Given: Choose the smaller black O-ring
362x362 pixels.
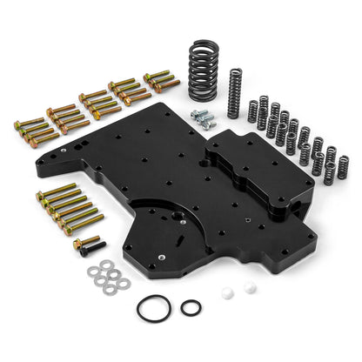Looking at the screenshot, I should pyautogui.click(x=191, y=307).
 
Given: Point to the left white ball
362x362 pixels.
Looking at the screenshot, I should pyautogui.click(x=230, y=292).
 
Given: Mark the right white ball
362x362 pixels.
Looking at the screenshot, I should pyautogui.click(x=250, y=286).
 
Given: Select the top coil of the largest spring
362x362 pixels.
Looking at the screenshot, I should pyautogui.click(x=209, y=43).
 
